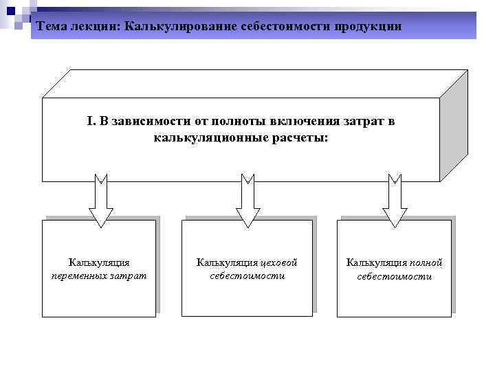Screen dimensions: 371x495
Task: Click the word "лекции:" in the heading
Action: (95, 26)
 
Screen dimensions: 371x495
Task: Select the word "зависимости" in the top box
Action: (148, 122)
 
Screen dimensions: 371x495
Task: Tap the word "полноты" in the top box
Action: (218, 122)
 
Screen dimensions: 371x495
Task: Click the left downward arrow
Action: (101, 201)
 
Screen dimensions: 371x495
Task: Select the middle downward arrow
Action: (247, 201)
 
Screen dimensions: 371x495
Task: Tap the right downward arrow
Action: (395, 201)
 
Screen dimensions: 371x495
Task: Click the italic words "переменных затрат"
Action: (99, 276)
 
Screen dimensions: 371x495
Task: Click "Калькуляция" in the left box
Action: (99, 262)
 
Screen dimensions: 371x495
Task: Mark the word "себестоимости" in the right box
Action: (395, 276)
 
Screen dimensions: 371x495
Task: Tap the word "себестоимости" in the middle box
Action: (247, 276)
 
